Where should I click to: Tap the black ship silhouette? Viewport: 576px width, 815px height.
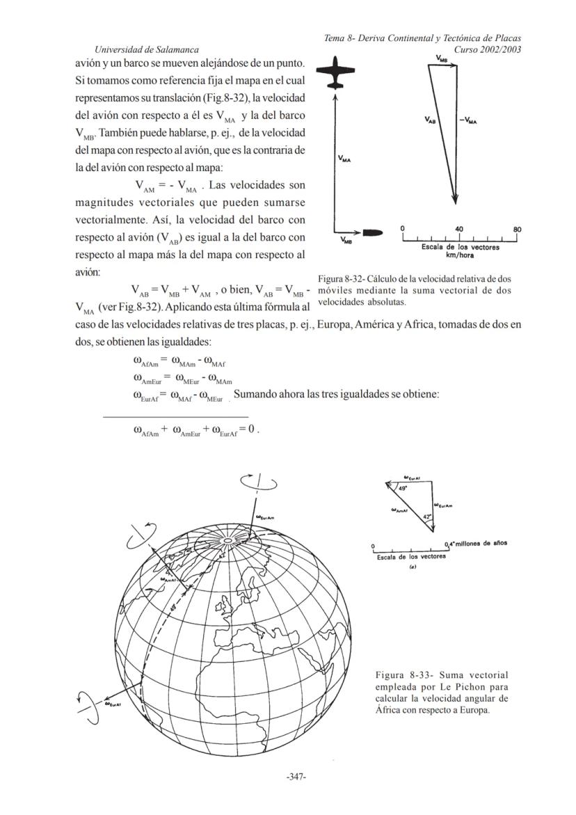tap(376, 230)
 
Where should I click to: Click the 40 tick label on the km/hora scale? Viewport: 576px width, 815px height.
tap(459, 229)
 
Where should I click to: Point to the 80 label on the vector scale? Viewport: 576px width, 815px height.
tap(516, 229)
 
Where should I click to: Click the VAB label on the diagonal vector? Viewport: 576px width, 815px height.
tap(431, 120)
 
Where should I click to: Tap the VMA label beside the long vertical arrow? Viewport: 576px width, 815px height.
tap(344, 159)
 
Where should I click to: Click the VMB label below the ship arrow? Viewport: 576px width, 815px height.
tap(346, 241)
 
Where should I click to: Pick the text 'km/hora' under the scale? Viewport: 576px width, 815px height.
tap(460, 254)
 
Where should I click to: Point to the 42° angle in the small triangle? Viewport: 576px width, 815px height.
tap(428, 516)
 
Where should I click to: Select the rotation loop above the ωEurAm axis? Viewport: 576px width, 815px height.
tap(258, 482)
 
